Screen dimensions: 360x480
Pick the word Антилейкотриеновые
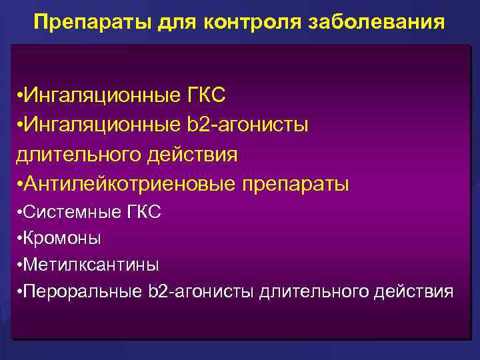[x=127, y=183]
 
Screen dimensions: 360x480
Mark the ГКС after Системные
[x=143, y=213]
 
